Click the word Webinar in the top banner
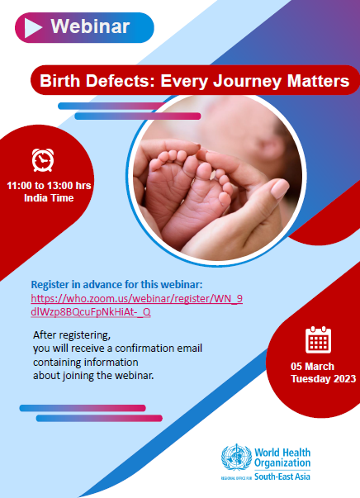tap(90, 26)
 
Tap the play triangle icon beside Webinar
tap(32, 28)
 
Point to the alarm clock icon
tap(43, 160)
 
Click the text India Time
tap(49, 198)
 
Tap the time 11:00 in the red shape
tap(19, 186)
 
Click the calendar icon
tap(318, 339)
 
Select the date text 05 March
tap(312, 366)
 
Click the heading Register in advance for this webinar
tap(116, 284)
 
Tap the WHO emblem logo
tap(236, 458)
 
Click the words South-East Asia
tap(282, 477)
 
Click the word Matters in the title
tap(318, 80)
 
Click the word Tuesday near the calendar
tap(306, 379)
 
